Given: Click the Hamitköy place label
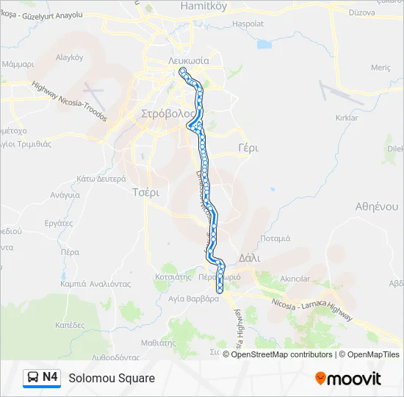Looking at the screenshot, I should coord(203,6).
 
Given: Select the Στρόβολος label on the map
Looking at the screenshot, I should coord(169,114).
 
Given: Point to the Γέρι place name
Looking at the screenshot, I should coord(248,148).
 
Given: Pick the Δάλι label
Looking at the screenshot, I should coord(250,257).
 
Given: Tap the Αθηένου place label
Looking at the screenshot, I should coord(375,206).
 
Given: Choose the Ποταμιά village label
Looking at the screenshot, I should coord(275,238).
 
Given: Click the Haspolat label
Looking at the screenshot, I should coord(248,24).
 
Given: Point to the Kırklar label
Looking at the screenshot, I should coord(345,118).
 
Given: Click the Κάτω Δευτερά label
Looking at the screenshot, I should coord(101,178).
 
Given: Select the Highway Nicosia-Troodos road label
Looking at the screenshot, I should coord(70,101).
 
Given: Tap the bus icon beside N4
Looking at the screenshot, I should coord(33,378).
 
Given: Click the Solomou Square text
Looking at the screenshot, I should coord(112,378).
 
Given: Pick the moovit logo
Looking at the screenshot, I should coord(348,378).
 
